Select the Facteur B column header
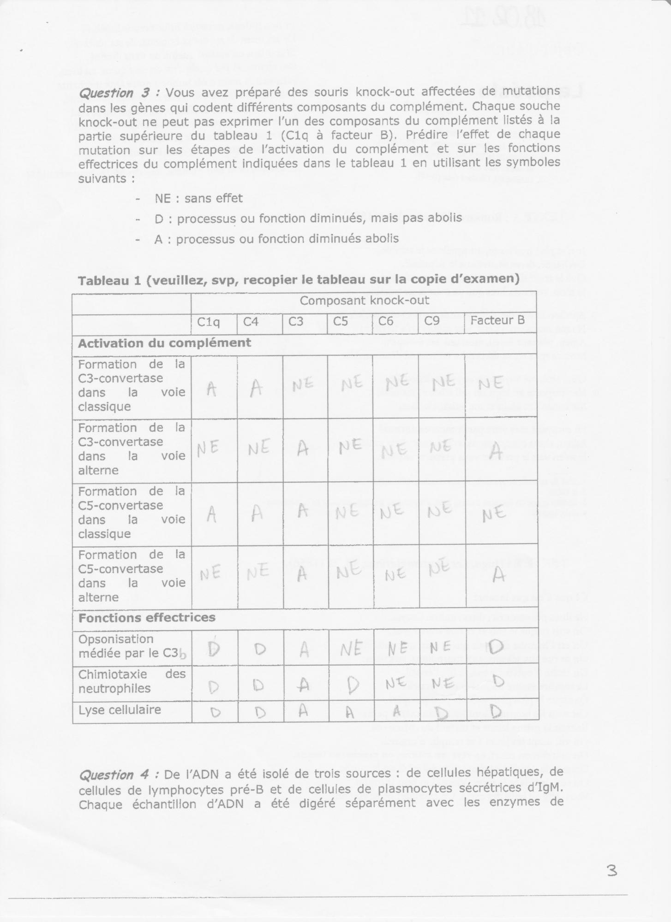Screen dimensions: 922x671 click(497, 321)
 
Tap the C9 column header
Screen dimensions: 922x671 click(431, 321)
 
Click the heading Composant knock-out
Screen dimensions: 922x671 click(364, 301)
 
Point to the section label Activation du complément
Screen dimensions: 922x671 click(164, 343)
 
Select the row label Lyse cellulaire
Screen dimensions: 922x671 click(120, 710)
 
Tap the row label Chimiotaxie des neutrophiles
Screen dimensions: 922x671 click(132, 681)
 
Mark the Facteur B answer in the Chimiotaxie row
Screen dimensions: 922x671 click(497, 681)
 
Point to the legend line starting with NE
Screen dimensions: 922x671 click(198, 199)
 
